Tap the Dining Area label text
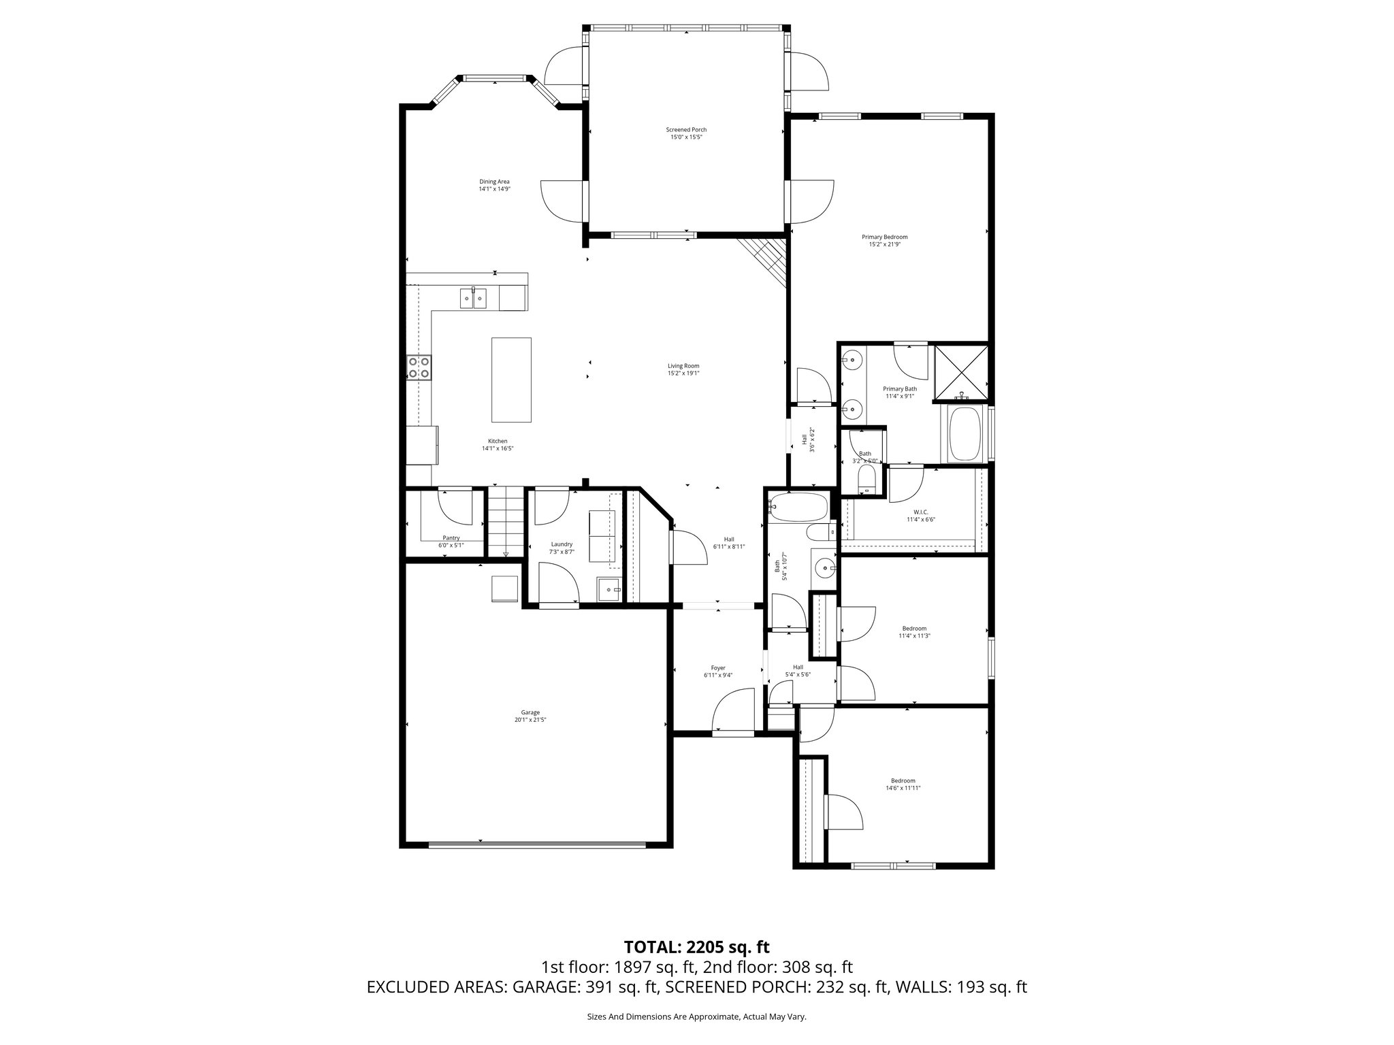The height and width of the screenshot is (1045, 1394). (494, 182)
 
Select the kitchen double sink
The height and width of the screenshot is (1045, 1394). (473, 298)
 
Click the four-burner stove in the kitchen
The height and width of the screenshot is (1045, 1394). (419, 367)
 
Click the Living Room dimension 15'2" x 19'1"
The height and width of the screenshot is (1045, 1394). (683, 374)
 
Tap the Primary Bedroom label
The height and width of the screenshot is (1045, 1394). (884, 237)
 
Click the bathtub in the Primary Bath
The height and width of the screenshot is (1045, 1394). (965, 434)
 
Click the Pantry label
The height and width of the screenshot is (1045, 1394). (451, 537)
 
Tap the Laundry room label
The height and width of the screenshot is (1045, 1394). (562, 544)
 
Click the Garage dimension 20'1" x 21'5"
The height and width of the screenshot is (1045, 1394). (530, 720)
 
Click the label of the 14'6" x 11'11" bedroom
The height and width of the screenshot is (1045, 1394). (903, 780)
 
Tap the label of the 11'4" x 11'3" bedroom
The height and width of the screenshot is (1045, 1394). (913, 629)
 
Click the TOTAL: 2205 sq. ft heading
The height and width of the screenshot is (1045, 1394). (696, 947)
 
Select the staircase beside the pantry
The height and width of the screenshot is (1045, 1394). (506, 521)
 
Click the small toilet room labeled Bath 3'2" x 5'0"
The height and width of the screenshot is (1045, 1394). (864, 463)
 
